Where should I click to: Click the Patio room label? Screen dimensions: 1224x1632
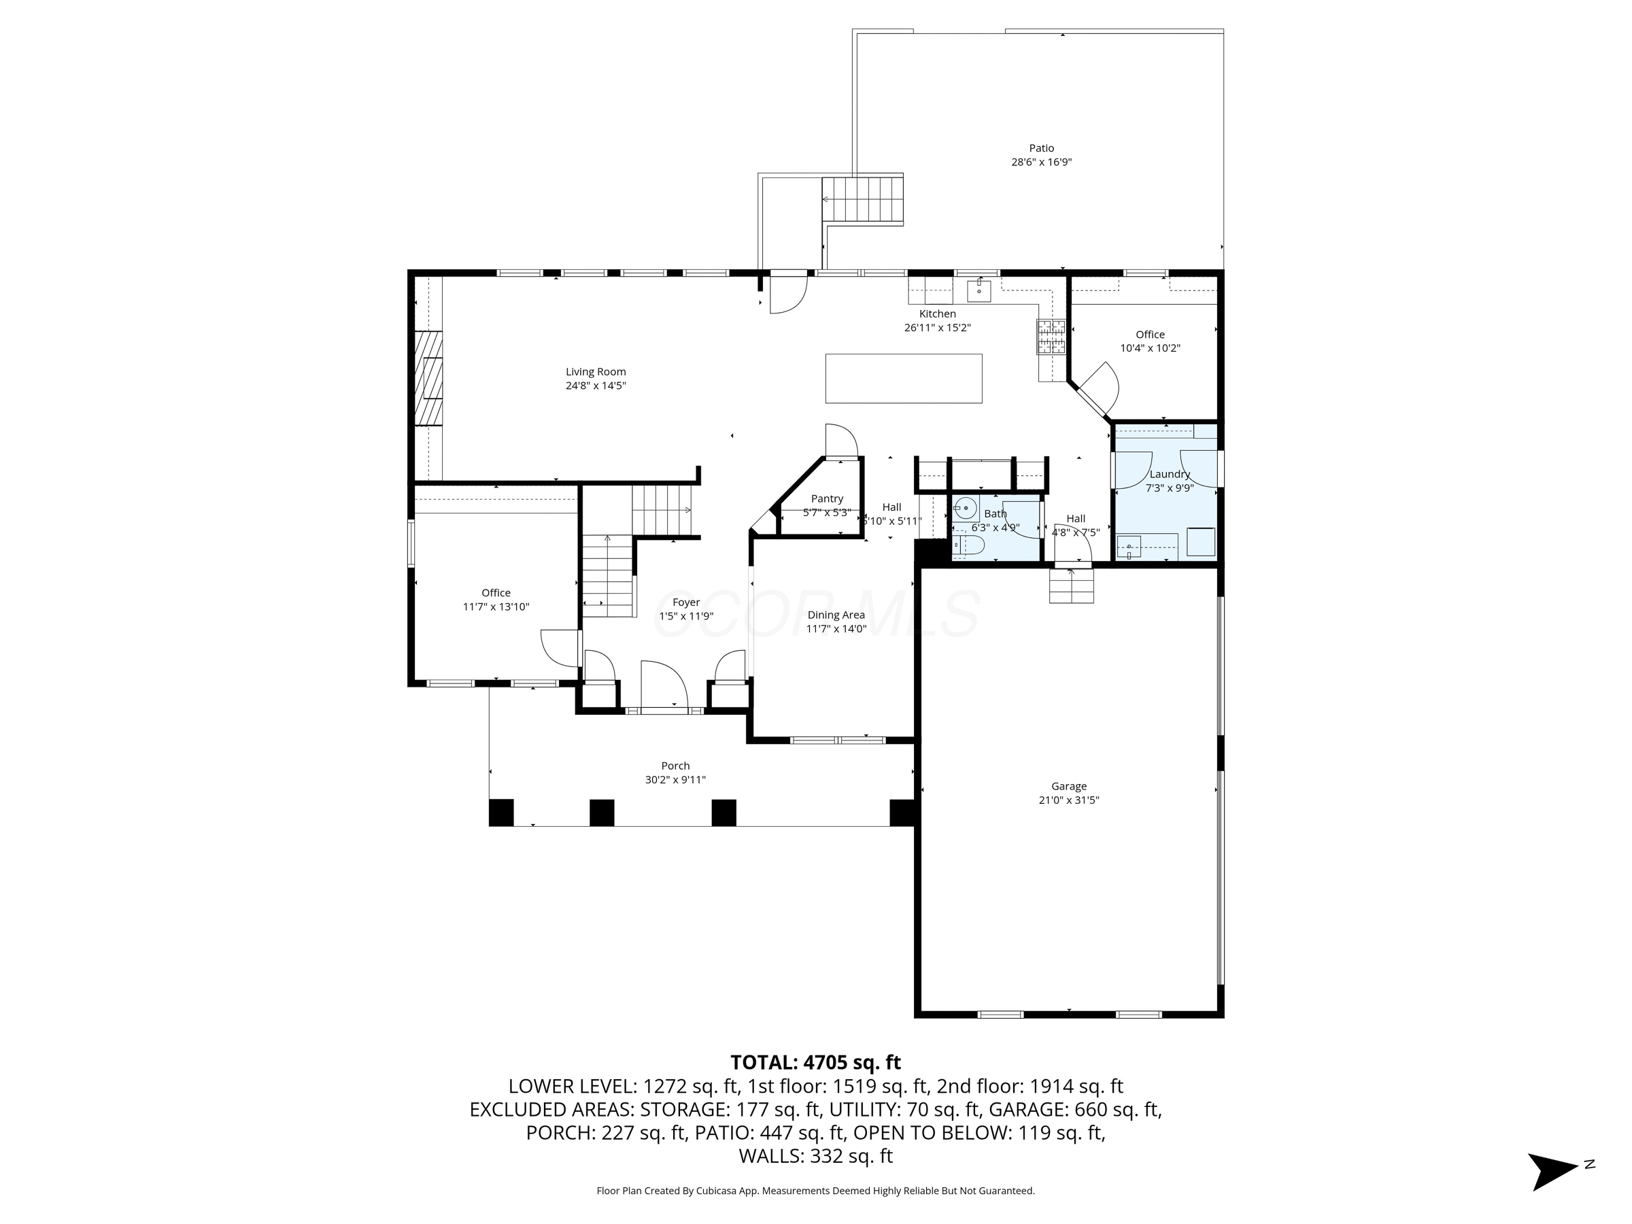pyautogui.click(x=1041, y=148)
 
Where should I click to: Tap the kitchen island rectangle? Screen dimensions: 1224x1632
pyautogui.click(x=903, y=379)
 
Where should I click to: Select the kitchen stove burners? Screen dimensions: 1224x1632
pyautogui.click(x=1051, y=337)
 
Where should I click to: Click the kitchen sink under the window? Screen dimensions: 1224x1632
pyautogui.click(x=979, y=290)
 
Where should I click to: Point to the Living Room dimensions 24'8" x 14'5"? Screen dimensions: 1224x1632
pyautogui.click(x=596, y=386)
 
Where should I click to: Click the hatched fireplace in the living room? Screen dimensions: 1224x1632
pyautogui.click(x=428, y=379)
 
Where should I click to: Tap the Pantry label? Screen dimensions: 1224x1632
pyautogui.click(x=826, y=498)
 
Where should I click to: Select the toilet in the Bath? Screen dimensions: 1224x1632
pyautogui.click(x=968, y=545)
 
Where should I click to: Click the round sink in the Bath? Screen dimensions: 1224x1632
pyautogui.click(x=965, y=509)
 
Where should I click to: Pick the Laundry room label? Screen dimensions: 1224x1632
pyautogui.click(x=1170, y=475)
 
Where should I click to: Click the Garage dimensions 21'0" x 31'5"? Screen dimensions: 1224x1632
pyautogui.click(x=1068, y=800)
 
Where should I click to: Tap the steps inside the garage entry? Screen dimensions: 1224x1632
pyautogui.click(x=1071, y=588)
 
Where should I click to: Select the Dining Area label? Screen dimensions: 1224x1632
pyautogui.click(x=836, y=615)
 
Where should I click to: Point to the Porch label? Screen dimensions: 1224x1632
pyautogui.click(x=675, y=766)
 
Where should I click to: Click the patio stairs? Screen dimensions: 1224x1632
pyautogui.click(x=863, y=199)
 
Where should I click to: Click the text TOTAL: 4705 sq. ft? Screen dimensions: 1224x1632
pyautogui.click(x=815, y=1062)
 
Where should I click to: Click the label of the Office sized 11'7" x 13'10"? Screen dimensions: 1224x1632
pyautogui.click(x=496, y=592)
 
